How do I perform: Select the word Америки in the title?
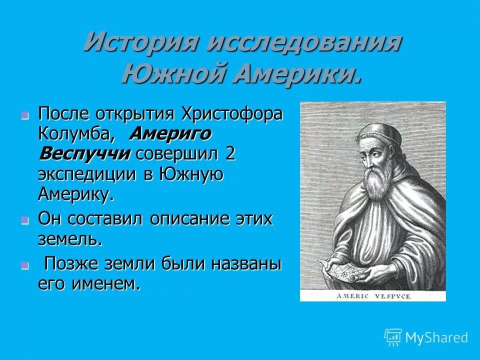pyautogui.click(x=297, y=75)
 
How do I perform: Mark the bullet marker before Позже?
pyautogui.click(x=25, y=265)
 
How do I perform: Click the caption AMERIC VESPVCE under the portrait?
pyautogui.click(x=373, y=296)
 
